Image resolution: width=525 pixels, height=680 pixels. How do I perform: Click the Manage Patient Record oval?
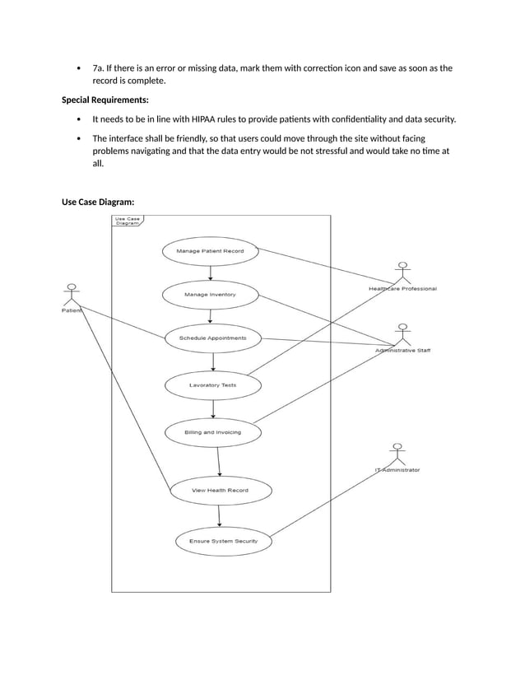pyautogui.click(x=210, y=250)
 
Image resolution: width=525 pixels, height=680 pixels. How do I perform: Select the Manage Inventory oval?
pyautogui.click(x=211, y=294)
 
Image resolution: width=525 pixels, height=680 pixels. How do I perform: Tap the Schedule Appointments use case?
pyautogui.click(x=212, y=338)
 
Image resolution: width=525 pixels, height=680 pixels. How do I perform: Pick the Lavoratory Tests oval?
pyautogui.click(x=213, y=384)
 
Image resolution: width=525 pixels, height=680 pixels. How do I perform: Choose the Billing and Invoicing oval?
pyautogui.click(x=213, y=431)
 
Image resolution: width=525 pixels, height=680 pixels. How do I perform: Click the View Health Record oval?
pyautogui.click(x=220, y=491)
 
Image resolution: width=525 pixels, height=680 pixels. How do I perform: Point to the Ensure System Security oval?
pyautogui.click(x=223, y=541)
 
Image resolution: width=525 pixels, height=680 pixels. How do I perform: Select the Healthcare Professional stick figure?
pyautogui.click(x=402, y=274)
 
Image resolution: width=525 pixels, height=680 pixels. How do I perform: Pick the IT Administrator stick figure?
pyautogui.click(x=397, y=454)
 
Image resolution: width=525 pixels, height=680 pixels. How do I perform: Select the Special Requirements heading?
pyautogui.click(x=105, y=100)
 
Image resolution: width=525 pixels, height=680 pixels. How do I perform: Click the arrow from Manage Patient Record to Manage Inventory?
pyautogui.click(x=211, y=272)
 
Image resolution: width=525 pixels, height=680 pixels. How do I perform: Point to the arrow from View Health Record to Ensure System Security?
pyautogui.click(x=220, y=515)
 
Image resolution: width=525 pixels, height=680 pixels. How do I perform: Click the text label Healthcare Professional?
pyautogui.click(x=402, y=289)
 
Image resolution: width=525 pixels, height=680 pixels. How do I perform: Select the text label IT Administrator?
pyautogui.click(x=397, y=470)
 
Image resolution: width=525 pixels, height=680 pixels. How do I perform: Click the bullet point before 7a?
pyautogui.click(x=77, y=68)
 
